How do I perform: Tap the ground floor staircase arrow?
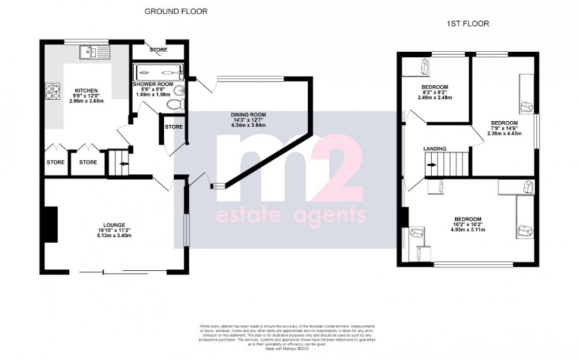click(120, 162)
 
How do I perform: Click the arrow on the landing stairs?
click(431, 162)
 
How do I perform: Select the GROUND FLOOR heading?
click(176, 12)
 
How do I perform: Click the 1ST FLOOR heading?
click(467, 24)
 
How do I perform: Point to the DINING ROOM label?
click(249, 114)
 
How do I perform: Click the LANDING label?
click(434, 148)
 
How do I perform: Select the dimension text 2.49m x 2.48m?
click(434, 99)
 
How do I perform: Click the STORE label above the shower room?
click(159, 50)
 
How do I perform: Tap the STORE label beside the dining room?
click(174, 127)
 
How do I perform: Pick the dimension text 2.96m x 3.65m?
click(87, 102)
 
